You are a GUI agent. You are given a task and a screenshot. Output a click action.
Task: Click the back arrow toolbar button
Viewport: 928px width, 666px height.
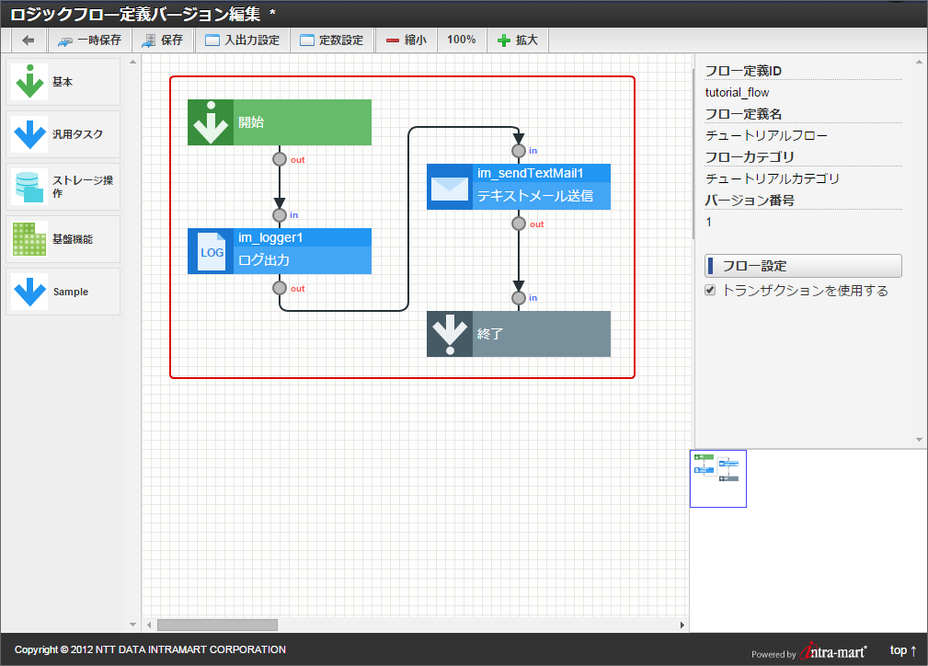pyautogui.click(x=29, y=40)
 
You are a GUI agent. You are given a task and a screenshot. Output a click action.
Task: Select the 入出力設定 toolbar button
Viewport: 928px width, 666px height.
pyautogui.click(x=242, y=40)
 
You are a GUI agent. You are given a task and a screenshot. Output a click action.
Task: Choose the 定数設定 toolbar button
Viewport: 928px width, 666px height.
pyautogui.click(x=332, y=40)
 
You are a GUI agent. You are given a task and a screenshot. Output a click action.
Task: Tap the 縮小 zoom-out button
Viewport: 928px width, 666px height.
pyautogui.click(x=406, y=40)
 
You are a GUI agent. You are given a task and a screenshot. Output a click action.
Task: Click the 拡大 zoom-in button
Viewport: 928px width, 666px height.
pyautogui.click(x=517, y=40)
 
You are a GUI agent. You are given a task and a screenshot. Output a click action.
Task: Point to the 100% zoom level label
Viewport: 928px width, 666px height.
pyautogui.click(x=462, y=40)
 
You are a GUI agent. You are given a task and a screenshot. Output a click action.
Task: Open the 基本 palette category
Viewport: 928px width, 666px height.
pyautogui.click(x=63, y=82)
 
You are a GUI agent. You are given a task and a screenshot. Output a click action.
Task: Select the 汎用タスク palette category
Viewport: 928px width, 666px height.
pyautogui.click(x=63, y=134)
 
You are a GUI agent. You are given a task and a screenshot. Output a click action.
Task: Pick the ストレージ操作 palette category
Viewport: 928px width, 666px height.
pyautogui.click(x=63, y=187)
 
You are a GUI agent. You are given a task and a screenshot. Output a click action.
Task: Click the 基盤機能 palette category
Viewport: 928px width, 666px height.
pyautogui.click(x=63, y=239)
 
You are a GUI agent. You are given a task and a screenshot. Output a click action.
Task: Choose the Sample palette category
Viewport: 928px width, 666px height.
pyautogui.click(x=63, y=292)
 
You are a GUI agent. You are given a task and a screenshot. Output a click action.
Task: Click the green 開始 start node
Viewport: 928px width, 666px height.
pyautogui.click(x=280, y=122)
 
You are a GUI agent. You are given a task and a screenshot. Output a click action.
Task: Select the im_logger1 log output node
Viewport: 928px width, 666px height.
pyautogui.click(x=280, y=251)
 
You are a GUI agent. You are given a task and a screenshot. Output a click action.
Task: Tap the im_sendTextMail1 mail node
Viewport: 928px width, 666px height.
pyautogui.click(x=519, y=187)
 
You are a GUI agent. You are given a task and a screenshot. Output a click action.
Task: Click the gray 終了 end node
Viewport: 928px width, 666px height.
pyautogui.click(x=519, y=334)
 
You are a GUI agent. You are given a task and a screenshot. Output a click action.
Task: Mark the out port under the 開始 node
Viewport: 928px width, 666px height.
pyautogui.click(x=280, y=158)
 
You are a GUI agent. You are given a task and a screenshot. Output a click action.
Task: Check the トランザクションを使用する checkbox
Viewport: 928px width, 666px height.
pyautogui.click(x=710, y=291)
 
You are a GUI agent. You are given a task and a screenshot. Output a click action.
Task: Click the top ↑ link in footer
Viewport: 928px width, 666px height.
pyautogui.click(x=903, y=650)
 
